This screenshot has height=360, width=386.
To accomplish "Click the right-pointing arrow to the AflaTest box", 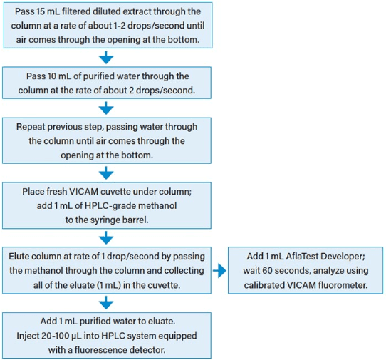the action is pyautogui.click(x=219, y=271).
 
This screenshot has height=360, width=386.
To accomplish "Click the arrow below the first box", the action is pyautogui.click(x=106, y=58).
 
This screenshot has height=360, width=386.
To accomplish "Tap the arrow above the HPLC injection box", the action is pyautogui.click(x=106, y=302).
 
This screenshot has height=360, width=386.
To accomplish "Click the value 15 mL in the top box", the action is pyautogui.click(x=45, y=11).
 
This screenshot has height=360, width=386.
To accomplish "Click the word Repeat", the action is pyautogui.click(x=31, y=127).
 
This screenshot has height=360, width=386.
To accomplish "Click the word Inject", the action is pyautogui.click(x=28, y=336).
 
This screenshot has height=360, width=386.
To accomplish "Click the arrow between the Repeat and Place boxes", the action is pyautogui.click(x=106, y=173).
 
